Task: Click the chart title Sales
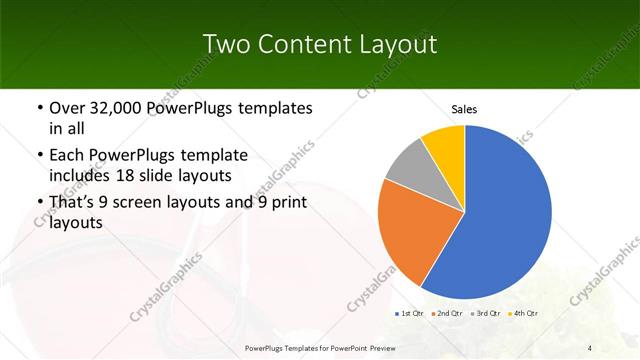pyautogui.click(x=464, y=108)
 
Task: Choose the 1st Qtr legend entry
pyautogui.click(x=409, y=314)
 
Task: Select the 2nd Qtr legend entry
pyautogui.click(x=446, y=314)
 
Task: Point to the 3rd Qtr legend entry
pyautogui.click(x=485, y=314)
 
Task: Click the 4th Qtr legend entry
pyautogui.click(x=523, y=314)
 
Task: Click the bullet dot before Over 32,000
pyautogui.click(x=39, y=108)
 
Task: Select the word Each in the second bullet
pyautogui.click(x=68, y=155)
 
